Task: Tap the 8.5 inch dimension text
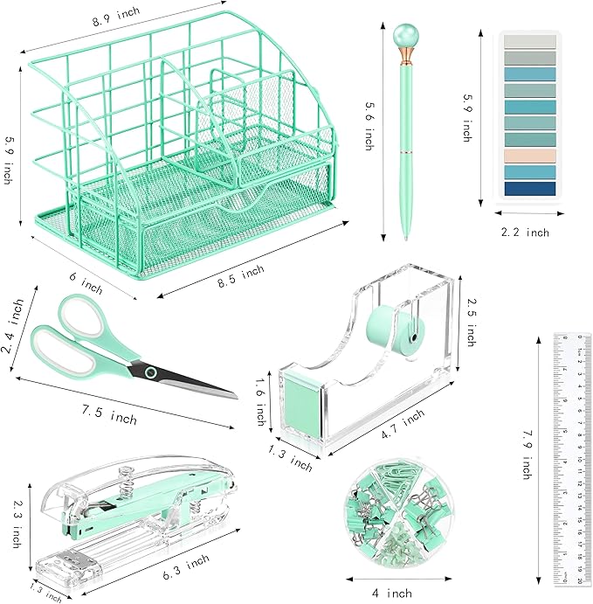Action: tap(240, 274)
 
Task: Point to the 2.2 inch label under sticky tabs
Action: tap(526, 233)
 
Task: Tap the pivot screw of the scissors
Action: tap(150, 373)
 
